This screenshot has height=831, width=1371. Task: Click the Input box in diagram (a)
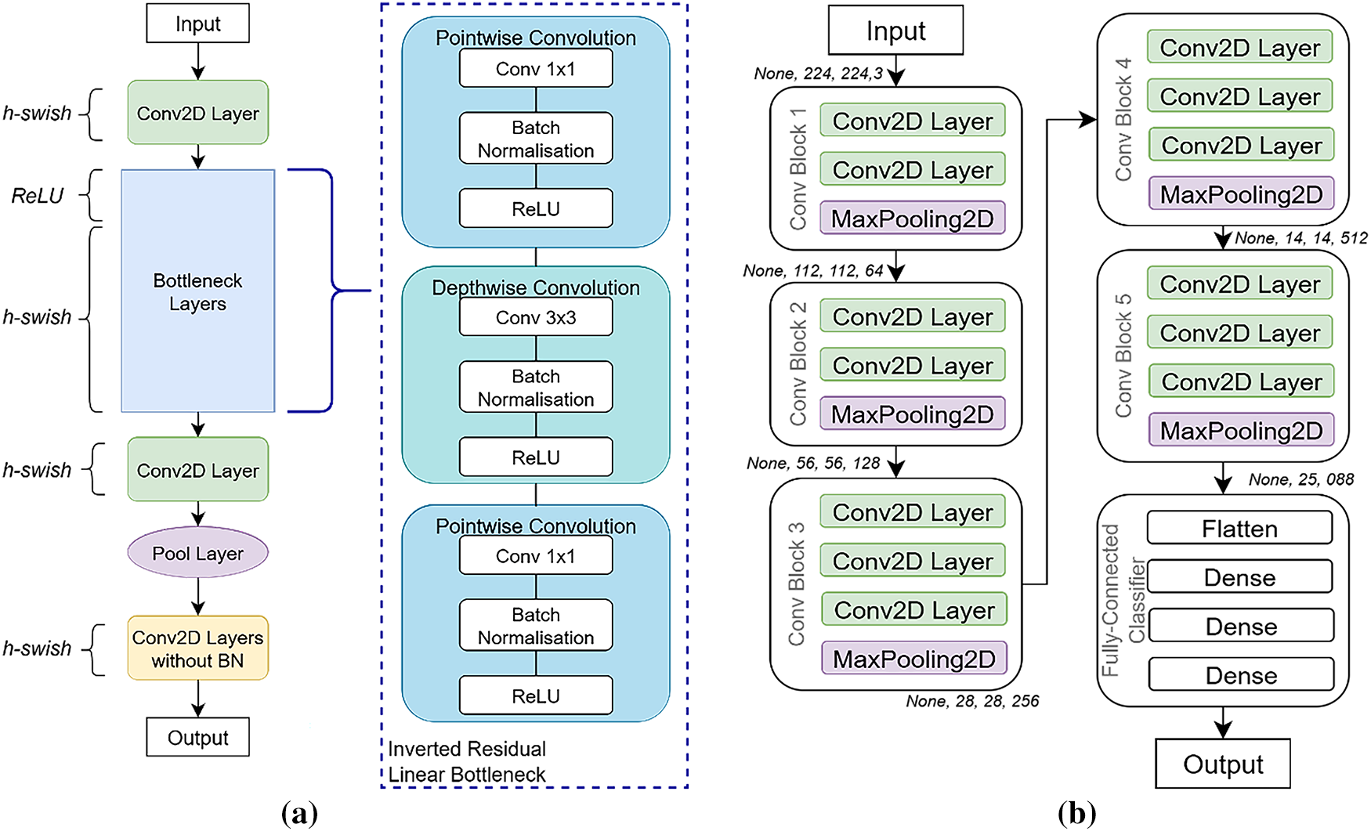(x=197, y=23)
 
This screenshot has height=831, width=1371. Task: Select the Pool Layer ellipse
(x=197, y=553)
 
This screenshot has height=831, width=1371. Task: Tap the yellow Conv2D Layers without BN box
(x=197, y=649)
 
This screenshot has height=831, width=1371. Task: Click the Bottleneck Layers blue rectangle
(x=197, y=291)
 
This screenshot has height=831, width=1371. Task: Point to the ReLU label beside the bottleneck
(x=38, y=196)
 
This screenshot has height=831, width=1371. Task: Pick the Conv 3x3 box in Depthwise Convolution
(x=536, y=318)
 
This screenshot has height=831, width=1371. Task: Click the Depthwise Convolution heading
(x=536, y=287)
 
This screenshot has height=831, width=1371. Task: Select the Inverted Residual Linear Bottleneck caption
(x=467, y=761)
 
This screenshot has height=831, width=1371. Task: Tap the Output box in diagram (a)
(x=197, y=737)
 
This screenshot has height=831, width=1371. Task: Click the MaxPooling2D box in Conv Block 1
(x=913, y=219)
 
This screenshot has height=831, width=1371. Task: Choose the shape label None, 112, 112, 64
(x=813, y=271)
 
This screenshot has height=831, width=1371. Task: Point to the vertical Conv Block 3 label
(x=797, y=584)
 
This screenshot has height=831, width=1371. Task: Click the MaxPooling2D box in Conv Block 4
(x=1241, y=193)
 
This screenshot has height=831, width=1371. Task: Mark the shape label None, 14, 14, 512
(x=1301, y=238)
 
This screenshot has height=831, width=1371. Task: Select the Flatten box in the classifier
(x=1239, y=529)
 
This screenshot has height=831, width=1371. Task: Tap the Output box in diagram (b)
(x=1222, y=764)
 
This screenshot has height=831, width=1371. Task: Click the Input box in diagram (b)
(x=895, y=31)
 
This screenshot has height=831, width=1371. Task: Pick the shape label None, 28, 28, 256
(x=972, y=701)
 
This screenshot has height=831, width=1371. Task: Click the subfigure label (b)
(x=1076, y=814)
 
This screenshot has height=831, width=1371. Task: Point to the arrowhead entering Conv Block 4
(x=1088, y=120)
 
